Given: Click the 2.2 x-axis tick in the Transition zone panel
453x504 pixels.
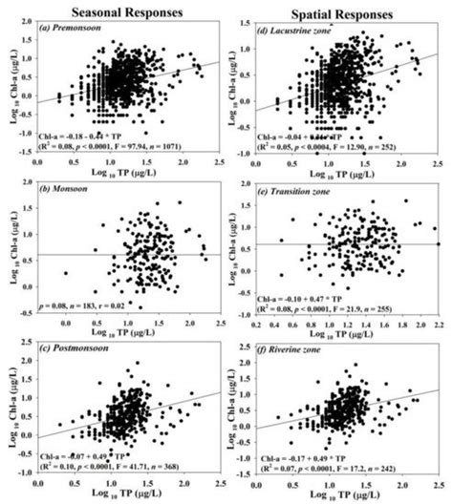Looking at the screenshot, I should [438, 326].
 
